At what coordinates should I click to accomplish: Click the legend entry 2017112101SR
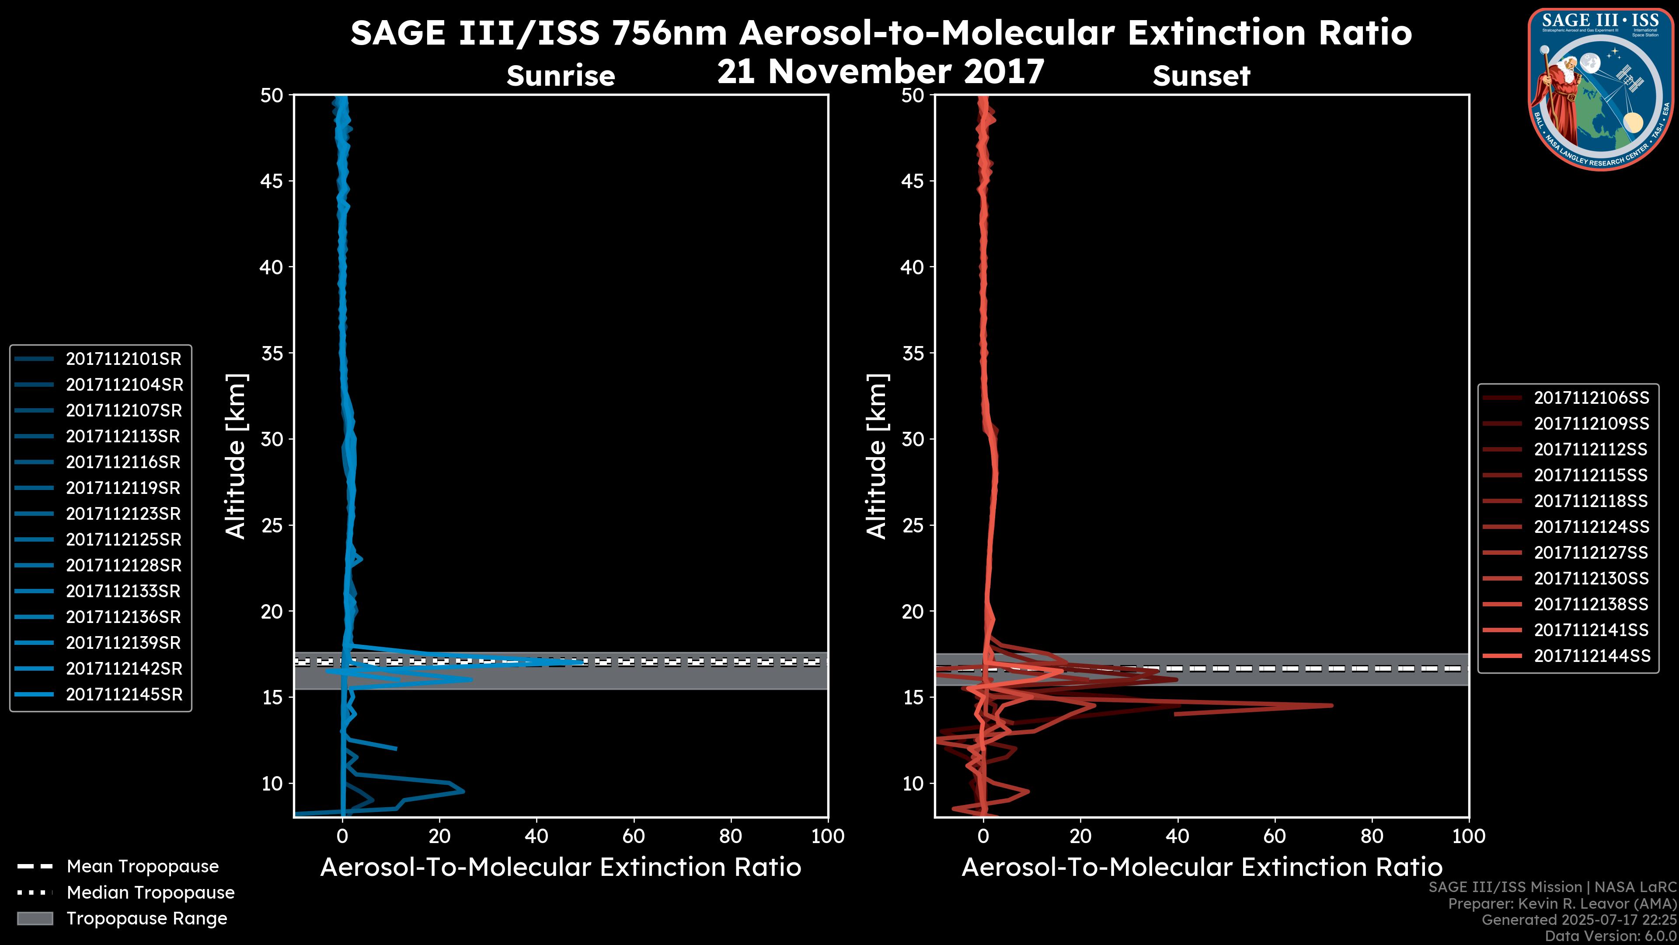click(x=123, y=359)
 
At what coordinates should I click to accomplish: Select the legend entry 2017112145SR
click(x=124, y=695)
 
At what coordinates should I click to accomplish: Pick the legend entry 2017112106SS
click(x=1591, y=398)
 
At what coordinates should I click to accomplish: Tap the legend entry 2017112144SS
click(x=1591, y=655)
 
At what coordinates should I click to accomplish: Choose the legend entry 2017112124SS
click(x=1591, y=527)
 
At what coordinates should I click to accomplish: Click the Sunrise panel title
click(x=561, y=76)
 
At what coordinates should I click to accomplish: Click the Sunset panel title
click(x=1201, y=76)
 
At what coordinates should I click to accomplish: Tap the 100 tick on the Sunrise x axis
click(x=827, y=836)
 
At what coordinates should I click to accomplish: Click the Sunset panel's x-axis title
click(x=1201, y=868)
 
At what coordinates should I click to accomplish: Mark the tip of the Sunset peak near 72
click(x=1332, y=705)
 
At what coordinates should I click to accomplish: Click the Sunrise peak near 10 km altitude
click(x=463, y=791)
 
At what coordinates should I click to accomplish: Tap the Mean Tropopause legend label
click(x=143, y=867)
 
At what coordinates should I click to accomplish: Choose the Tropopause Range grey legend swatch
click(x=35, y=918)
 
